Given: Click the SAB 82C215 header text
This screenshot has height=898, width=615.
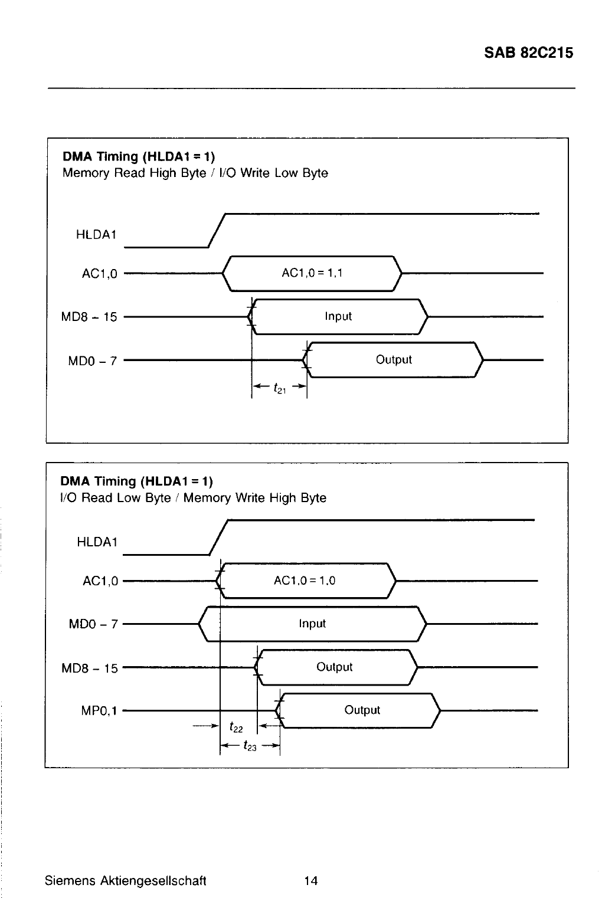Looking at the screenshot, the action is pyautogui.click(x=528, y=53).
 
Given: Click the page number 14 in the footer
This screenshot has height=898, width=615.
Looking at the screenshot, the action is pyautogui.click(x=310, y=881).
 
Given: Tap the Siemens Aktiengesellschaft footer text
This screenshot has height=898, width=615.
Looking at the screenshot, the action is pyautogui.click(x=126, y=881).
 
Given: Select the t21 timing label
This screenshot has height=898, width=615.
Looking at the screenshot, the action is pyautogui.click(x=279, y=388).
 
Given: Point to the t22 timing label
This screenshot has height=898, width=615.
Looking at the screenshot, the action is pyautogui.click(x=236, y=727).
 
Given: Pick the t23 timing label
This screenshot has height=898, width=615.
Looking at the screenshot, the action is pyautogui.click(x=250, y=746).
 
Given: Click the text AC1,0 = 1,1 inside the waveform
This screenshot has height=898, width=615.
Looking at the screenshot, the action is pyautogui.click(x=312, y=273).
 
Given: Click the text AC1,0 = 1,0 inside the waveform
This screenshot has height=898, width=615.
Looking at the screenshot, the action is pyautogui.click(x=305, y=581).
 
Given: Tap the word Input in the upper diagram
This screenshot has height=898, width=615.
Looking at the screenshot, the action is pyautogui.click(x=338, y=316).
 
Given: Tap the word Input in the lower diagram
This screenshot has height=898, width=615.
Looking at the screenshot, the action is pyautogui.click(x=312, y=624).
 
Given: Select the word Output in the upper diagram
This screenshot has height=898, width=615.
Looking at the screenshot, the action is pyautogui.click(x=394, y=359).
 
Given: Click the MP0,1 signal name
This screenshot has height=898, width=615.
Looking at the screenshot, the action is pyautogui.click(x=99, y=711).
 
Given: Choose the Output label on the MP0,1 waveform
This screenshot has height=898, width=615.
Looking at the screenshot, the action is pyautogui.click(x=362, y=710).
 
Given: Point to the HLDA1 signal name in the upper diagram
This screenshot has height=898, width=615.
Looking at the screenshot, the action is pyautogui.click(x=96, y=234).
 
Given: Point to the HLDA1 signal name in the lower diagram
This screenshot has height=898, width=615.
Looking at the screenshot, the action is pyautogui.click(x=97, y=542).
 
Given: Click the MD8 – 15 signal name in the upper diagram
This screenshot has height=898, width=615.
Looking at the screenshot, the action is pyautogui.click(x=89, y=317).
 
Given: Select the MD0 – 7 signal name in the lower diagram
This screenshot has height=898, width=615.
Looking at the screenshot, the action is pyautogui.click(x=93, y=624).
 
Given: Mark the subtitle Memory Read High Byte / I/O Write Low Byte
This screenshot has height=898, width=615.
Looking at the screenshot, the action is pyautogui.click(x=195, y=173).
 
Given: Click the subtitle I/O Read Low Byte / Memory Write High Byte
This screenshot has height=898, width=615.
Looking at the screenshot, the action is pyautogui.click(x=193, y=498).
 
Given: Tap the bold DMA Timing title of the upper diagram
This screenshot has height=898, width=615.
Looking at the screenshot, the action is pyautogui.click(x=139, y=156).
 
